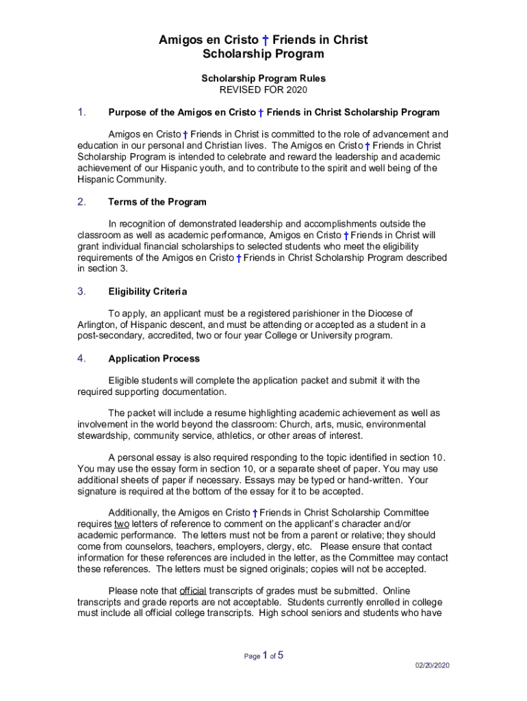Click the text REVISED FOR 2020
point(263,90)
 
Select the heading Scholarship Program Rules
point(263,79)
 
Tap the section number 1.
point(81,112)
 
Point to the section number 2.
point(81,202)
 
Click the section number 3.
point(81,292)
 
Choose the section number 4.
point(81,359)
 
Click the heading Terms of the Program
point(157,202)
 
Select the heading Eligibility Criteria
point(147,292)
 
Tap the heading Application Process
point(154,359)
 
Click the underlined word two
point(121,524)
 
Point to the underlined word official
point(193,591)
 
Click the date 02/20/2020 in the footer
point(433,665)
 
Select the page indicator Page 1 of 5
point(263,656)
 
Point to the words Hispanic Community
point(121,179)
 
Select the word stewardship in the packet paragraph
point(104,435)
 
